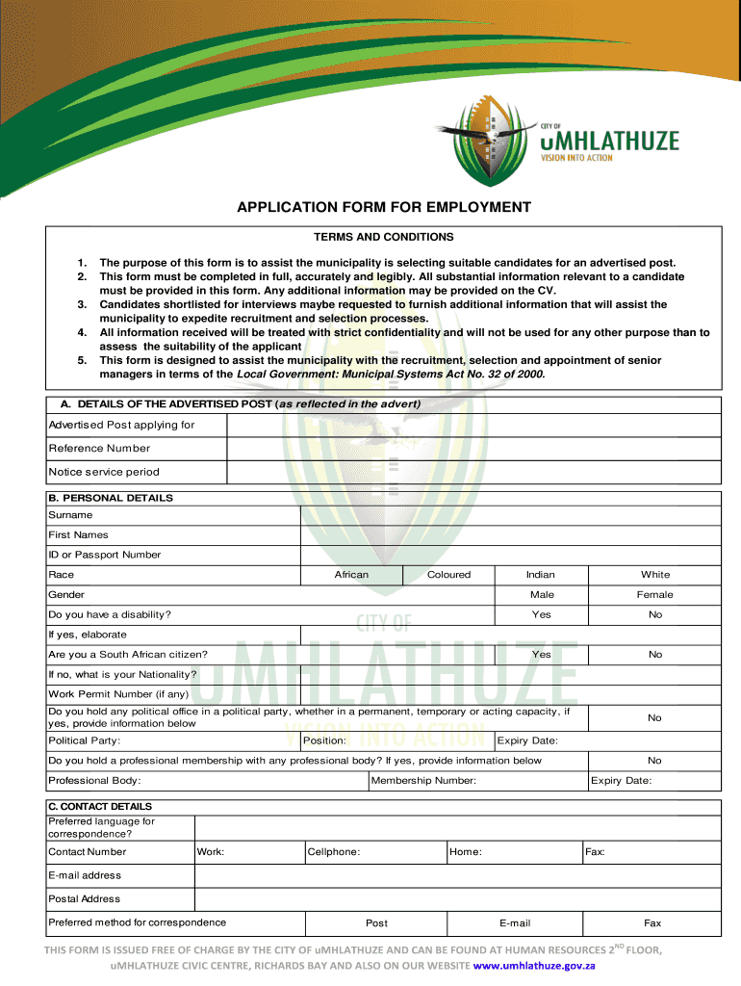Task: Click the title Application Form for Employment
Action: pyautogui.click(x=384, y=207)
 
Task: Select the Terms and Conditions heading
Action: pyautogui.click(x=383, y=237)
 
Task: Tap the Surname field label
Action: pyautogui.click(x=71, y=515)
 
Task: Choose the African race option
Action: pyautogui.click(x=351, y=575)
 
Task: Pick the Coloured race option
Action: pyautogui.click(x=448, y=575)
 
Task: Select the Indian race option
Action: pyautogui.click(x=541, y=575)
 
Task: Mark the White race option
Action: pyautogui.click(x=655, y=575)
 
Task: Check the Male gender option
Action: pyautogui.click(x=542, y=595)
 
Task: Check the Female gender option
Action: pyautogui.click(x=655, y=595)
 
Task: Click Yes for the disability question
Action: pyautogui.click(x=542, y=614)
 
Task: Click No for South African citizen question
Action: pyautogui.click(x=655, y=654)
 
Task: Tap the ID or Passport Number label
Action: pyautogui.click(x=105, y=555)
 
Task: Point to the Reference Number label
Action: pyautogui.click(x=100, y=448)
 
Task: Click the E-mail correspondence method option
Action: pyautogui.click(x=515, y=923)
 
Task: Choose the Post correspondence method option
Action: pyautogui.click(x=377, y=923)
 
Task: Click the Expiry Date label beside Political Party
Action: pyautogui.click(x=527, y=740)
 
